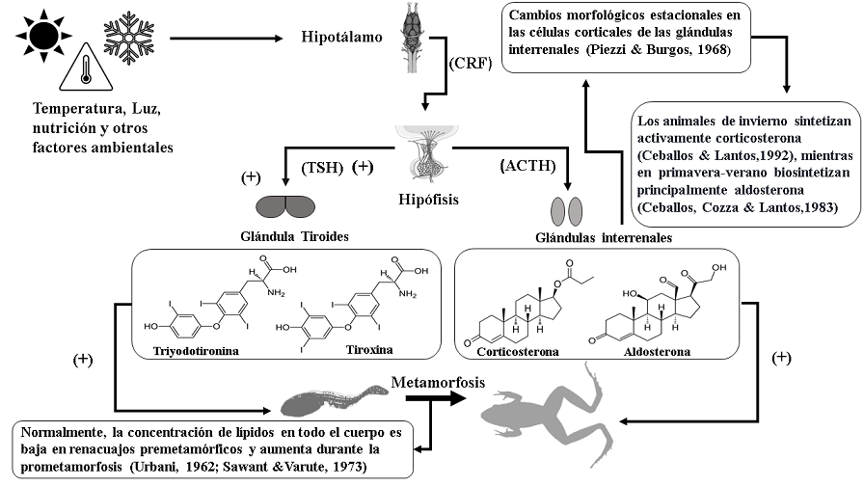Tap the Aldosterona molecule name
tap(657, 352)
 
